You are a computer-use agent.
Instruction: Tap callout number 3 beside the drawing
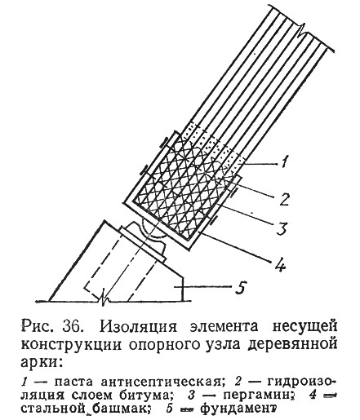coord(282,228)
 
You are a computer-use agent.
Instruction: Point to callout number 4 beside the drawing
coord(280,263)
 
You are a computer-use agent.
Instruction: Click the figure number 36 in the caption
coord(72,326)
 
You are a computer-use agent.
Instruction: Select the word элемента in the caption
coord(222,326)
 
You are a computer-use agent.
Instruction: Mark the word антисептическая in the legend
coord(162,382)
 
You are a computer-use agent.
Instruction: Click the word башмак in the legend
coord(119,409)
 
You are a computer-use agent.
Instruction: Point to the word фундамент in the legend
coord(238,409)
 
